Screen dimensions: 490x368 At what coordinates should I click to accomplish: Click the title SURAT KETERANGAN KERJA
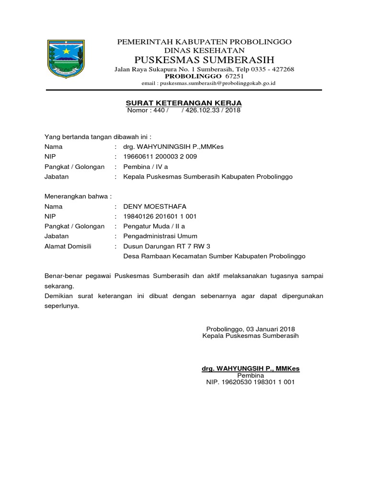(x=184, y=103)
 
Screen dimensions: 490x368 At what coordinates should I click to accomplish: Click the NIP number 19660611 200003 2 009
(x=160, y=156)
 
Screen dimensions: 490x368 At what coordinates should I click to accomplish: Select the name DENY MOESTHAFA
(x=155, y=207)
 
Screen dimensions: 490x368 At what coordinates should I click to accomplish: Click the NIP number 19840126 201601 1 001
(x=160, y=216)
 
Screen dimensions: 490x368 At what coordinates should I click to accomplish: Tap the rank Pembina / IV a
(x=146, y=167)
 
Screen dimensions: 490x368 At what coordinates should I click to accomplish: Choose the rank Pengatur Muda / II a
(x=154, y=226)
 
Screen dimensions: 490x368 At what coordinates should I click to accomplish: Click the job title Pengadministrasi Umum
(x=160, y=236)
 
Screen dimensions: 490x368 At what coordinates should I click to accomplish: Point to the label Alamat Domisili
(x=68, y=246)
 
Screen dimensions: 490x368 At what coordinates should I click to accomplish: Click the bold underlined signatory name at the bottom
(x=251, y=368)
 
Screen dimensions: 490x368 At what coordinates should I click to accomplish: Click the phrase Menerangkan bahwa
(x=78, y=196)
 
